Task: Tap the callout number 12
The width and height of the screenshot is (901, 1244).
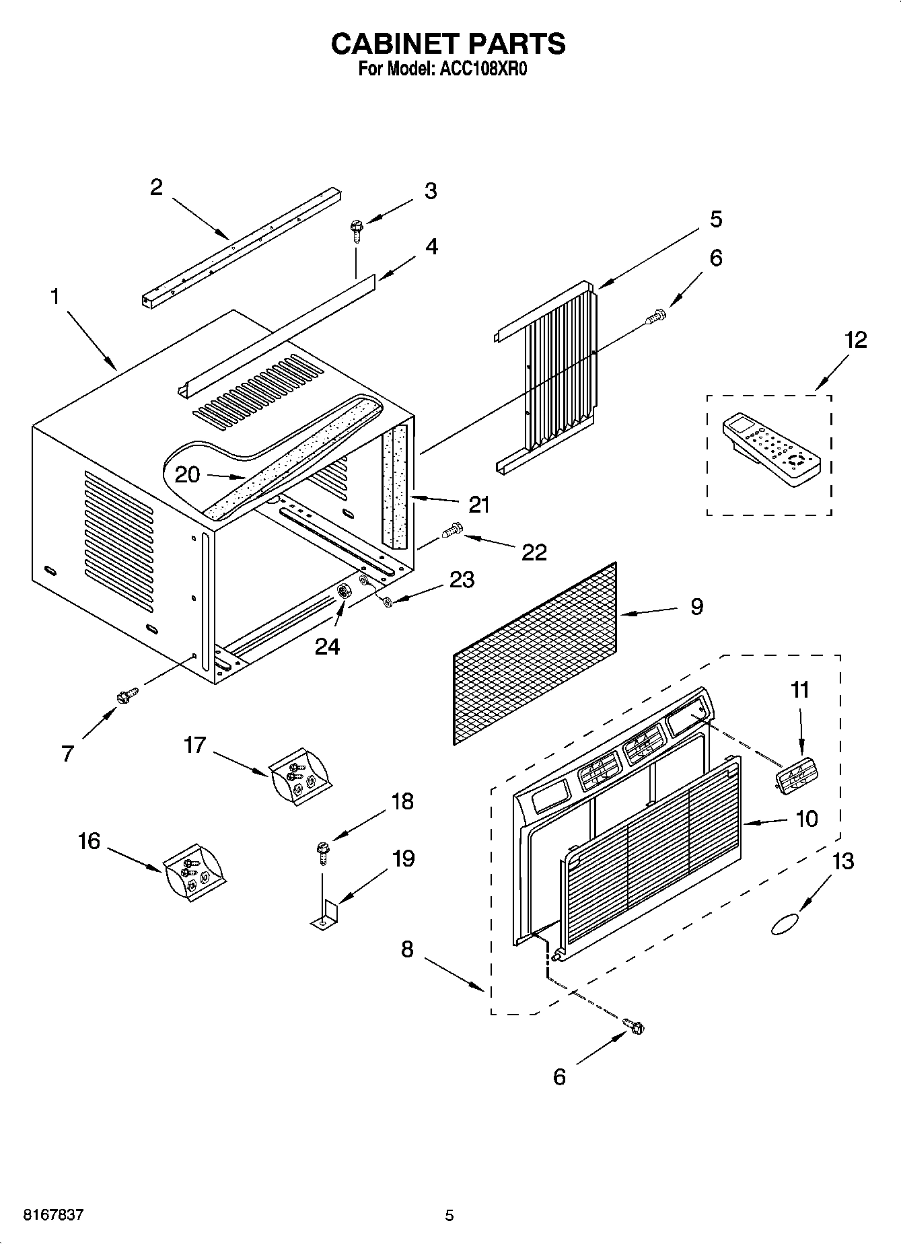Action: (x=855, y=340)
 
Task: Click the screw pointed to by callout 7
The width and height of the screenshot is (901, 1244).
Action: (x=127, y=696)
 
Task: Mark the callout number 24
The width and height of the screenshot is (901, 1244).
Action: (x=328, y=647)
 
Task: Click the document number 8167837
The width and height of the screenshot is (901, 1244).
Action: (x=54, y=1215)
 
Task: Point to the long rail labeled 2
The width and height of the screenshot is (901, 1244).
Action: (x=242, y=248)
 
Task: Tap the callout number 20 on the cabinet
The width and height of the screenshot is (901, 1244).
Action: (x=187, y=475)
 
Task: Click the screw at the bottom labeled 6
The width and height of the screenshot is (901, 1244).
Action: (x=633, y=1027)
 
